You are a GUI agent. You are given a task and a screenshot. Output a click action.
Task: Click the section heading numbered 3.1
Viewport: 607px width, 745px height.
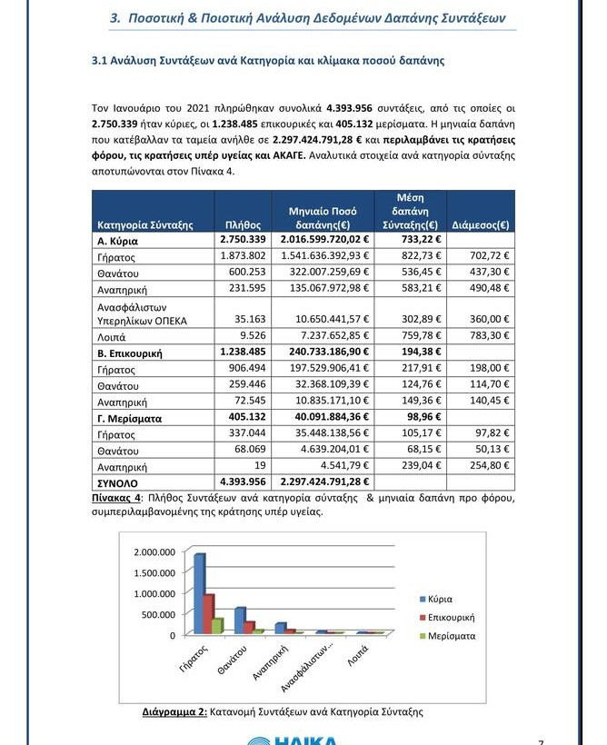[268, 61]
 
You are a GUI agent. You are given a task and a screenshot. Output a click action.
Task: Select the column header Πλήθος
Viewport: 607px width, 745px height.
[243, 224]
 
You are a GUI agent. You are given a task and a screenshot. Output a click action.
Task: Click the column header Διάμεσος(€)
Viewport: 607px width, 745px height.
[480, 224]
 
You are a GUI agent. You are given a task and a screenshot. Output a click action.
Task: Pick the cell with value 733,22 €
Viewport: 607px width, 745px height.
[411, 240]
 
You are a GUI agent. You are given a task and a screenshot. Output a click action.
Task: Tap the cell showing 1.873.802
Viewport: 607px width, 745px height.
[243, 256]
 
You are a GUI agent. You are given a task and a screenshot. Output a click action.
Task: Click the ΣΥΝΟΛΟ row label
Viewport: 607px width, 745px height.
[122, 482]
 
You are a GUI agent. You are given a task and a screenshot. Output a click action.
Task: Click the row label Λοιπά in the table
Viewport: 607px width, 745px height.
[111, 336]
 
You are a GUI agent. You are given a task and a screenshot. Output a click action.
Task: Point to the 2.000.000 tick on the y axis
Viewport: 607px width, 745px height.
[154, 552]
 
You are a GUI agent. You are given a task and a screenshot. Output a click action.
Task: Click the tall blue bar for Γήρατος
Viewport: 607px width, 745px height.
[199, 594]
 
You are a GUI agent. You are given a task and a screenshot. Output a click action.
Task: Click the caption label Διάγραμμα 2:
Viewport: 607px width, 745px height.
[175, 712]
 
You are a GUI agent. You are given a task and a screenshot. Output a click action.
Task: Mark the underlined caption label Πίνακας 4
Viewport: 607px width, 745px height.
[116, 499]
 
